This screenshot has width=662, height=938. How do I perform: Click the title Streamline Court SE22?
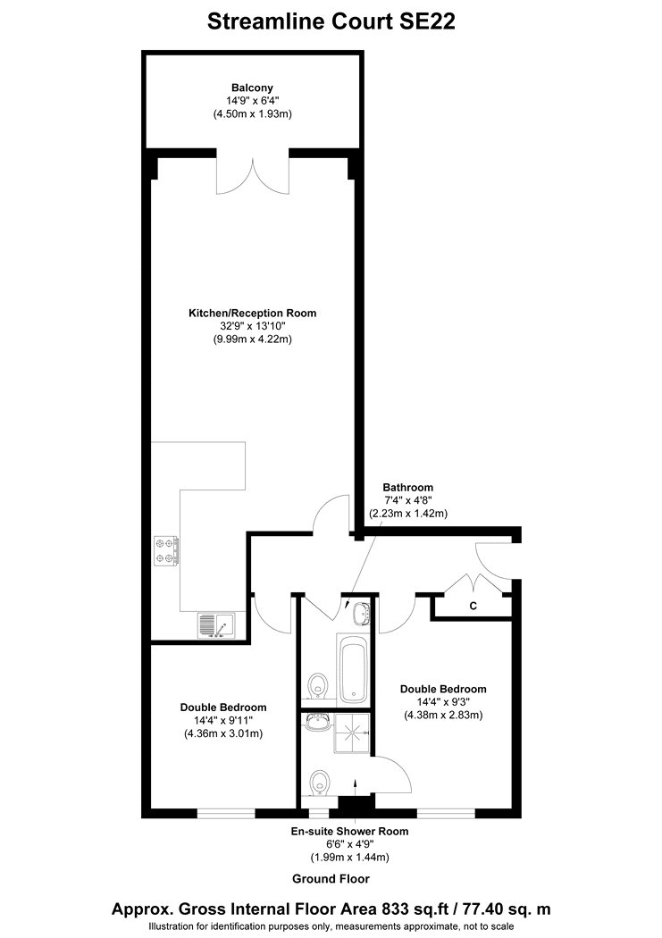click(331, 21)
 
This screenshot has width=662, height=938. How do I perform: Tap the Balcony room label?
click(252, 88)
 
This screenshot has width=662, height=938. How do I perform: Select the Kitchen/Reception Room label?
click(252, 313)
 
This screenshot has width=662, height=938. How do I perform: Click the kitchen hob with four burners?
click(167, 550)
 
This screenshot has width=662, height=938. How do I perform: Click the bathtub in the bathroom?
click(353, 669)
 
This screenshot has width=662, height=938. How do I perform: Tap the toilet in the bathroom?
click(318, 685)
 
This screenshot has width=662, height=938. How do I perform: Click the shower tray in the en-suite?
click(352, 731)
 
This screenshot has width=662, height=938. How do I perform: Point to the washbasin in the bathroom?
click(362, 613)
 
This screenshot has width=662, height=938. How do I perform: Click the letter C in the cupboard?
click(473, 606)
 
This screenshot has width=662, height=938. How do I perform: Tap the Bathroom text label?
click(408, 488)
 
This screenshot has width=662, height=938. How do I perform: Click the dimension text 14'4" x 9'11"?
click(223, 720)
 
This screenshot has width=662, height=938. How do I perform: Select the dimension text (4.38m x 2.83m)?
click(443, 715)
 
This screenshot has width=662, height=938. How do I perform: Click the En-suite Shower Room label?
click(350, 831)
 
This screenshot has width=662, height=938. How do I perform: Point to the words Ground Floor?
click(331, 879)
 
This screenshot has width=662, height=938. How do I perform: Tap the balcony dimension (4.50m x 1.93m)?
click(252, 113)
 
